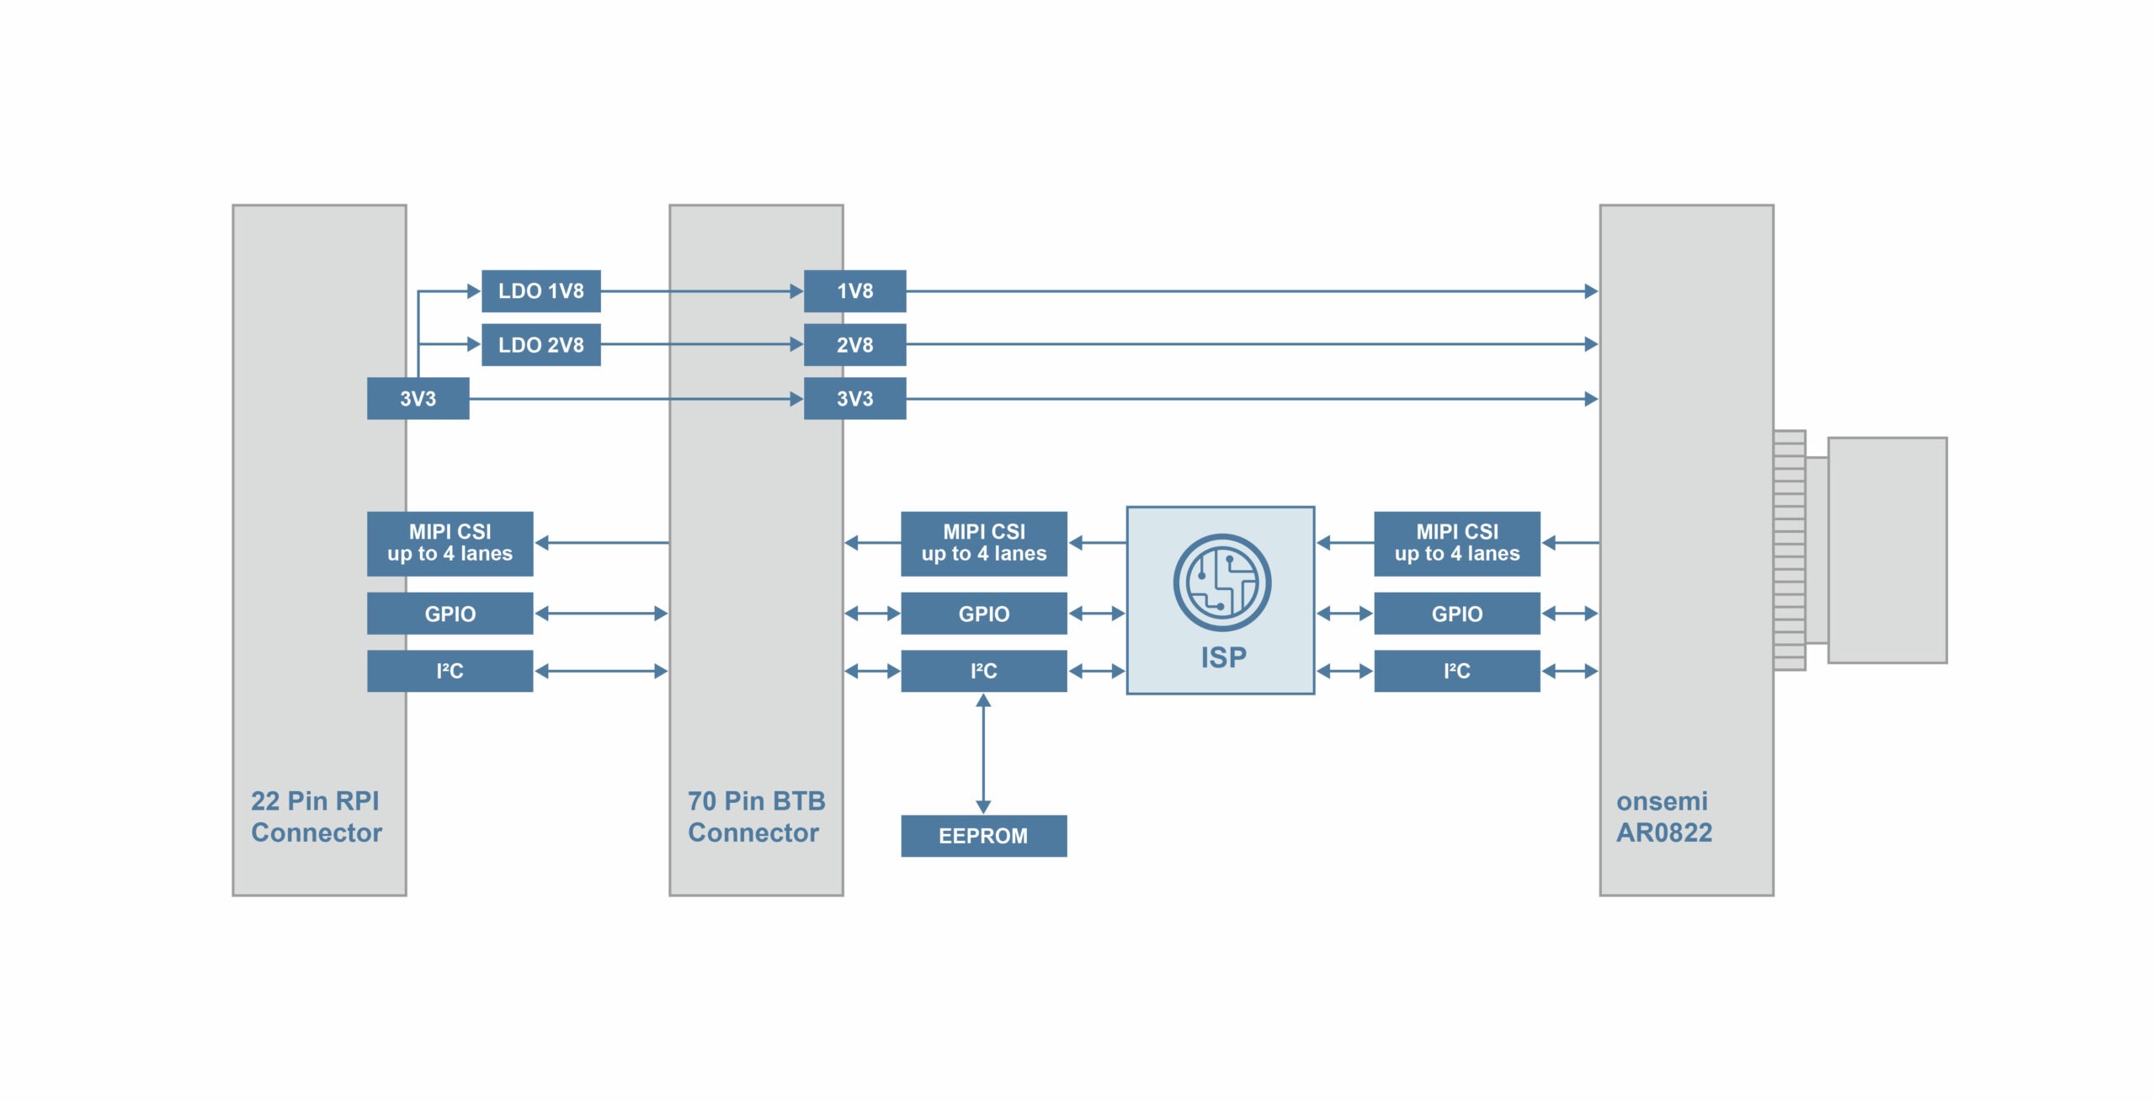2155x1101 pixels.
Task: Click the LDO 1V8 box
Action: [540, 291]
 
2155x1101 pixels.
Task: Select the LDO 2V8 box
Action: [540, 345]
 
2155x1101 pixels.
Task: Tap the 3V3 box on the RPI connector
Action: [418, 399]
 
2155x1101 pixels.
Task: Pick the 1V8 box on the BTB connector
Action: [854, 291]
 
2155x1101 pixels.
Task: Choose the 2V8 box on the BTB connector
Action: [854, 345]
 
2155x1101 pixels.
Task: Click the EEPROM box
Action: [983, 836]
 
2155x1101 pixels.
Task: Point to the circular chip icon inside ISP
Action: [1221, 582]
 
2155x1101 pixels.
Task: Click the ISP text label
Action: [1223, 657]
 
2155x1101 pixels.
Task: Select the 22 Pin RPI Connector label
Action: [317, 816]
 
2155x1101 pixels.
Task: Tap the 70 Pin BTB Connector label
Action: [756, 816]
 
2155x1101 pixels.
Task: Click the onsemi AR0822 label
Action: [1663, 816]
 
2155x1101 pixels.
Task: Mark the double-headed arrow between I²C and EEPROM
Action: [983, 753]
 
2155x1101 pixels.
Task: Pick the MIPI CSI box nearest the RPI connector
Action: [450, 544]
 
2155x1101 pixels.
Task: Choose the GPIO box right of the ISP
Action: [1456, 614]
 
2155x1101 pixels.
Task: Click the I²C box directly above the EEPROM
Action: [983, 671]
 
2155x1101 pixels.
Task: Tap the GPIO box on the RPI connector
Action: [450, 614]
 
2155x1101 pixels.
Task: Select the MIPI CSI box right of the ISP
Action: [1456, 544]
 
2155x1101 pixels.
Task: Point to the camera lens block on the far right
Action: [1886, 550]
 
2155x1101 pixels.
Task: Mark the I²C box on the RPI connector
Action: [450, 671]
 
